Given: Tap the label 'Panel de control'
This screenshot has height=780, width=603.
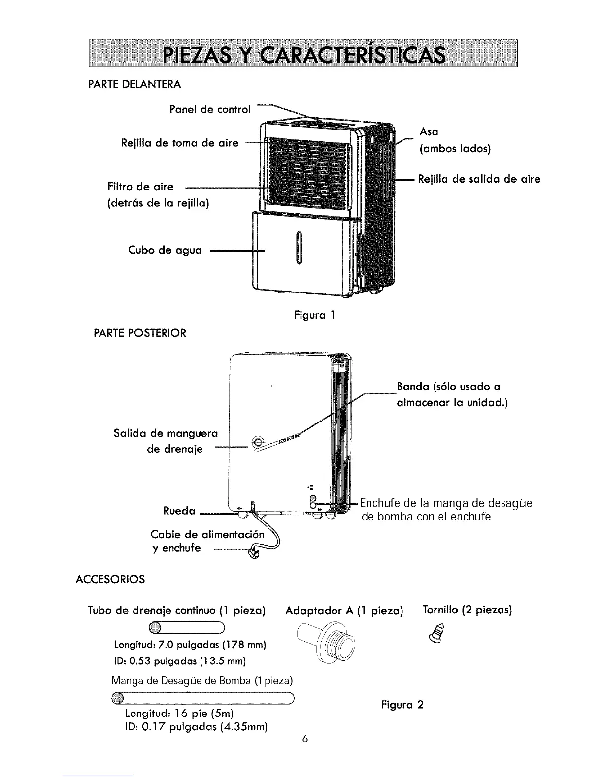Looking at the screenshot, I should click(210, 109).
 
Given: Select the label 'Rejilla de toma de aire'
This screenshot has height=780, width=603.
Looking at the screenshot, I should click(179, 143).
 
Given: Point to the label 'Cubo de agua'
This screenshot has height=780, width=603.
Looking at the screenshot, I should click(165, 250).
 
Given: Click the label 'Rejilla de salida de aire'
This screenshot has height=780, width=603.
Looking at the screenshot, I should click(479, 179).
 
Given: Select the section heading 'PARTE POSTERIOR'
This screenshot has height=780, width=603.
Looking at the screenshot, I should click(140, 333).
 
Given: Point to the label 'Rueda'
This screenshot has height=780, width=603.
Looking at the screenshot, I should click(179, 511).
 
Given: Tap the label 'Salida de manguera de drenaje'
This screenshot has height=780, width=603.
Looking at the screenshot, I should click(166, 441).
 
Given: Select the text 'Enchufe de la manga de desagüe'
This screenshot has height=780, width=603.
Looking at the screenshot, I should click(446, 504).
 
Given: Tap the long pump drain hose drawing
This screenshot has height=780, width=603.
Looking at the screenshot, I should click(202, 698).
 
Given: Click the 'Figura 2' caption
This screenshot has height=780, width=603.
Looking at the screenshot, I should click(402, 704).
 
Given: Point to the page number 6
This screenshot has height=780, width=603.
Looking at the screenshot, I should click(305, 739).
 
